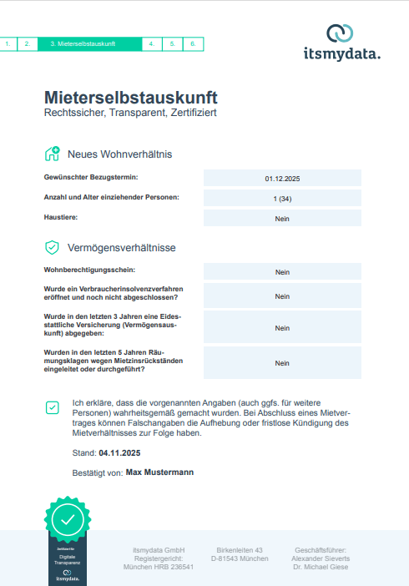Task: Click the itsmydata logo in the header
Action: (341, 43)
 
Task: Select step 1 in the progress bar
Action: (8, 43)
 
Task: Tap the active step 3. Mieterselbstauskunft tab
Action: (89, 43)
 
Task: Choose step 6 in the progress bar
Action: (193, 43)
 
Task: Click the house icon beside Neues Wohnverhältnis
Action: (52, 154)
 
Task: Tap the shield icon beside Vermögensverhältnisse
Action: (52, 247)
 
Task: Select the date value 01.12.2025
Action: (282, 179)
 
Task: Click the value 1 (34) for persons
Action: (282, 199)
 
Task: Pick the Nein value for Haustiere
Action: (282, 219)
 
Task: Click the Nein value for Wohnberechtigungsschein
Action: (282, 272)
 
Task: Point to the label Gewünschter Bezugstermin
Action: (90, 178)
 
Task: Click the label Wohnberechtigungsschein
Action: (88, 270)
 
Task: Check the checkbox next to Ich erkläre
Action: (53, 407)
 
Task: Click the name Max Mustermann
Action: (159, 472)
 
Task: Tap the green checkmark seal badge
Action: (68, 519)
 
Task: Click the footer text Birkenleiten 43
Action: (240, 550)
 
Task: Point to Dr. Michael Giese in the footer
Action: (321, 567)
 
